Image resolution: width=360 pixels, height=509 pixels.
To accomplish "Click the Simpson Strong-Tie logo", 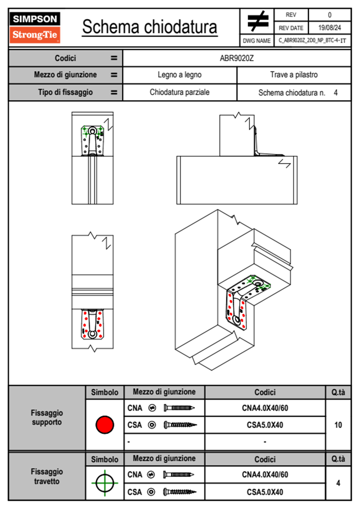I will [35, 28].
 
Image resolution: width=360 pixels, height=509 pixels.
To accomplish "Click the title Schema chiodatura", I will [150, 27].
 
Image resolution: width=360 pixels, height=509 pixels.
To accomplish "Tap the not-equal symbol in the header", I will [258, 21].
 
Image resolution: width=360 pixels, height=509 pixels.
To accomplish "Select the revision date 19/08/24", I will [329, 28].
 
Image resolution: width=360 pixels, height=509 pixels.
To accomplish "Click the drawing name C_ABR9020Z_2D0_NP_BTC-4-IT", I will [312, 41].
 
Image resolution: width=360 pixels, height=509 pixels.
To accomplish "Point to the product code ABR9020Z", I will [237, 58].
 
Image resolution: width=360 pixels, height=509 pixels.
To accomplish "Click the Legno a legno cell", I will [179, 75].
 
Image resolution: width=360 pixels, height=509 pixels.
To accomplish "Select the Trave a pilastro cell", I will [294, 75].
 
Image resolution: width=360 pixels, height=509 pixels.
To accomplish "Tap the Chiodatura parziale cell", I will [179, 92].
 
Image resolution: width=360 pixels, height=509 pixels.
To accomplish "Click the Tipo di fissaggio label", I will [65, 92].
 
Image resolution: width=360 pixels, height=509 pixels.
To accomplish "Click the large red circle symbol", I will [105, 425].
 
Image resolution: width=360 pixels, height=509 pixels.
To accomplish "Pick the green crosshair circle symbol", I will [105, 483].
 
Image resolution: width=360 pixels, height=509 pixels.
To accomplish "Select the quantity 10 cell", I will [338, 425].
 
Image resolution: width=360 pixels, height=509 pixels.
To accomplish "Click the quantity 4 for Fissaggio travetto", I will [338, 483].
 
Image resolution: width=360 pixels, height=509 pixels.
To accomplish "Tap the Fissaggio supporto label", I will [47, 418].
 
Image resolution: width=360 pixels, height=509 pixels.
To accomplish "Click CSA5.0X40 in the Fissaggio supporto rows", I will [265, 425].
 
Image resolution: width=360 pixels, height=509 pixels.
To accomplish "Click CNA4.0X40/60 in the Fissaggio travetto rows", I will [265, 475].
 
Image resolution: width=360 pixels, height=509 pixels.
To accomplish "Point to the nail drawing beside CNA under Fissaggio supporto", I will [179, 408].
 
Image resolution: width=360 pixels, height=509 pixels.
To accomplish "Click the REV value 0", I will [329, 15].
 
